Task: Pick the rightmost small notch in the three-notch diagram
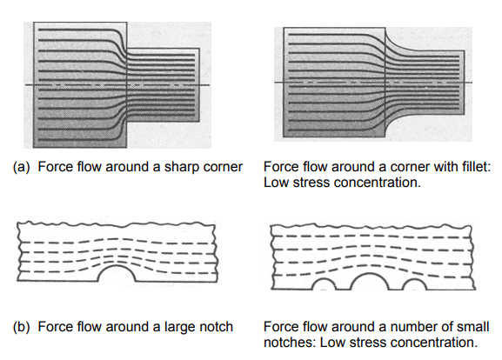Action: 416,284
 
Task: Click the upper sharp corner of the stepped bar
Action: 128,49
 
